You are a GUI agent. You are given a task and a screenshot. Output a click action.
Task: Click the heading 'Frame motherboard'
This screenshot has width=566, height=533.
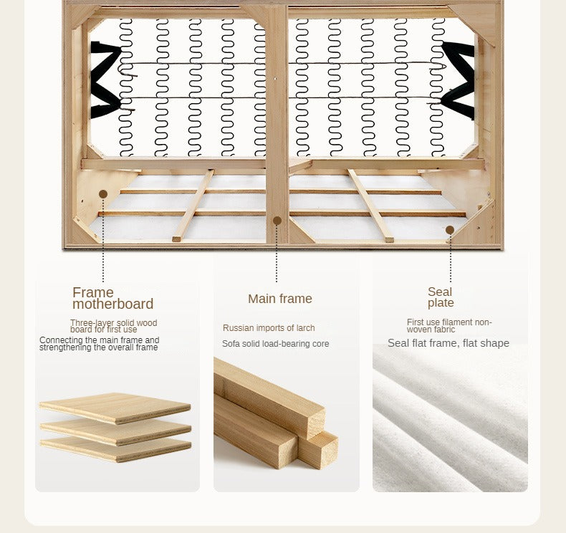[113, 298]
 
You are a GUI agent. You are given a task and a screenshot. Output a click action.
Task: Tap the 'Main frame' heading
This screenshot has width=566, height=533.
[279, 299]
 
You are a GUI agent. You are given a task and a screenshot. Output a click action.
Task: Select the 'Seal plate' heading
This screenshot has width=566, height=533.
[441, 297]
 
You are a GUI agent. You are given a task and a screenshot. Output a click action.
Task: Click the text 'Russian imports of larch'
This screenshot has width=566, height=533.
[269, 328]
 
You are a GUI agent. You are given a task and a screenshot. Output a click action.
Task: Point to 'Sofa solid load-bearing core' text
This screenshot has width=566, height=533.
[275, 344]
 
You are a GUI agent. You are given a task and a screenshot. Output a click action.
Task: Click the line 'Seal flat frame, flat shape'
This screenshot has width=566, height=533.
[449, 343]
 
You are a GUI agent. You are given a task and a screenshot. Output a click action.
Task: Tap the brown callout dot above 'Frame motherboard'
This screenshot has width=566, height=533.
[103, 194]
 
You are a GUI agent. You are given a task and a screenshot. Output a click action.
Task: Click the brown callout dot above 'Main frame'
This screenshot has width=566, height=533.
[277, 221]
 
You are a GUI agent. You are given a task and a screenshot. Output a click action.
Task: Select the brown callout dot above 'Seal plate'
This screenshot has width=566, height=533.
[450, 230]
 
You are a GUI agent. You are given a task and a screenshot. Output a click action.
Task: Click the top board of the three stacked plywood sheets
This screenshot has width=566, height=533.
[115, 408]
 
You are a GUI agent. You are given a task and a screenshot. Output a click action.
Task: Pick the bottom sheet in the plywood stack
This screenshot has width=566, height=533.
[115, 449]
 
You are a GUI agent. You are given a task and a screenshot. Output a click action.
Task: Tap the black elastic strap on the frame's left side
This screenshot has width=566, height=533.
[105, 80]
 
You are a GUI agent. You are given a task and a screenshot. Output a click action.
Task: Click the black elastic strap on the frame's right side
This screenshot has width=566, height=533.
[458, 80]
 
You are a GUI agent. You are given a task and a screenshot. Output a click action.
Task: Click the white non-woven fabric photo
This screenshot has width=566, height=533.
[450, 418]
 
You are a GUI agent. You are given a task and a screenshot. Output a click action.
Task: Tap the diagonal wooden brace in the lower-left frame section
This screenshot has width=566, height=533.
[193, 205]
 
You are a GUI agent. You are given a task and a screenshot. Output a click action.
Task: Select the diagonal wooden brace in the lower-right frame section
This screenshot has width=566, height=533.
[370, 205]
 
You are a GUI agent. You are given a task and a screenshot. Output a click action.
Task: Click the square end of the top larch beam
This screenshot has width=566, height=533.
[316, 421]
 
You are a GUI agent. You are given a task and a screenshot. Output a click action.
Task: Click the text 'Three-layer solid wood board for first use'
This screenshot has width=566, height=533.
[114, 326]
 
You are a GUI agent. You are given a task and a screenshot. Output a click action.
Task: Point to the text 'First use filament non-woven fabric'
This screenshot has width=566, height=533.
[449, 325]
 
